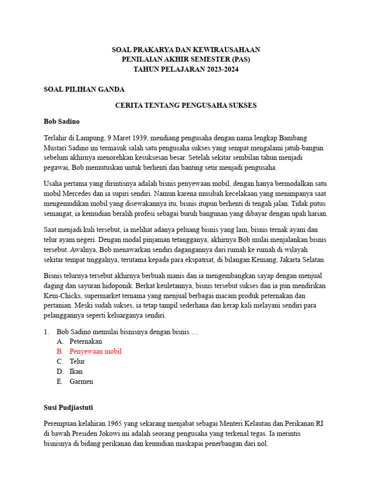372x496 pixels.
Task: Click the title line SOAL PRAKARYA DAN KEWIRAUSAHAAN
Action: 186,49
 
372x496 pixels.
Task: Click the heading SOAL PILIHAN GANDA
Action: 84,89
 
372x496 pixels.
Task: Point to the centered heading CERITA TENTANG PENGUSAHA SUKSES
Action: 186,105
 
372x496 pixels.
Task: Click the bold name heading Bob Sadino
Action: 62,121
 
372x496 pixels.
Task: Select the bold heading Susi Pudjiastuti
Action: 72,407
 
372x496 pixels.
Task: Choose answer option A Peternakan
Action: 85,341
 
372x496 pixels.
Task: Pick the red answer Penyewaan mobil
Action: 95,351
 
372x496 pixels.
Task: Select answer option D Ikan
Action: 76,372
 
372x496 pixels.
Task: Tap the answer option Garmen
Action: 81,381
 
